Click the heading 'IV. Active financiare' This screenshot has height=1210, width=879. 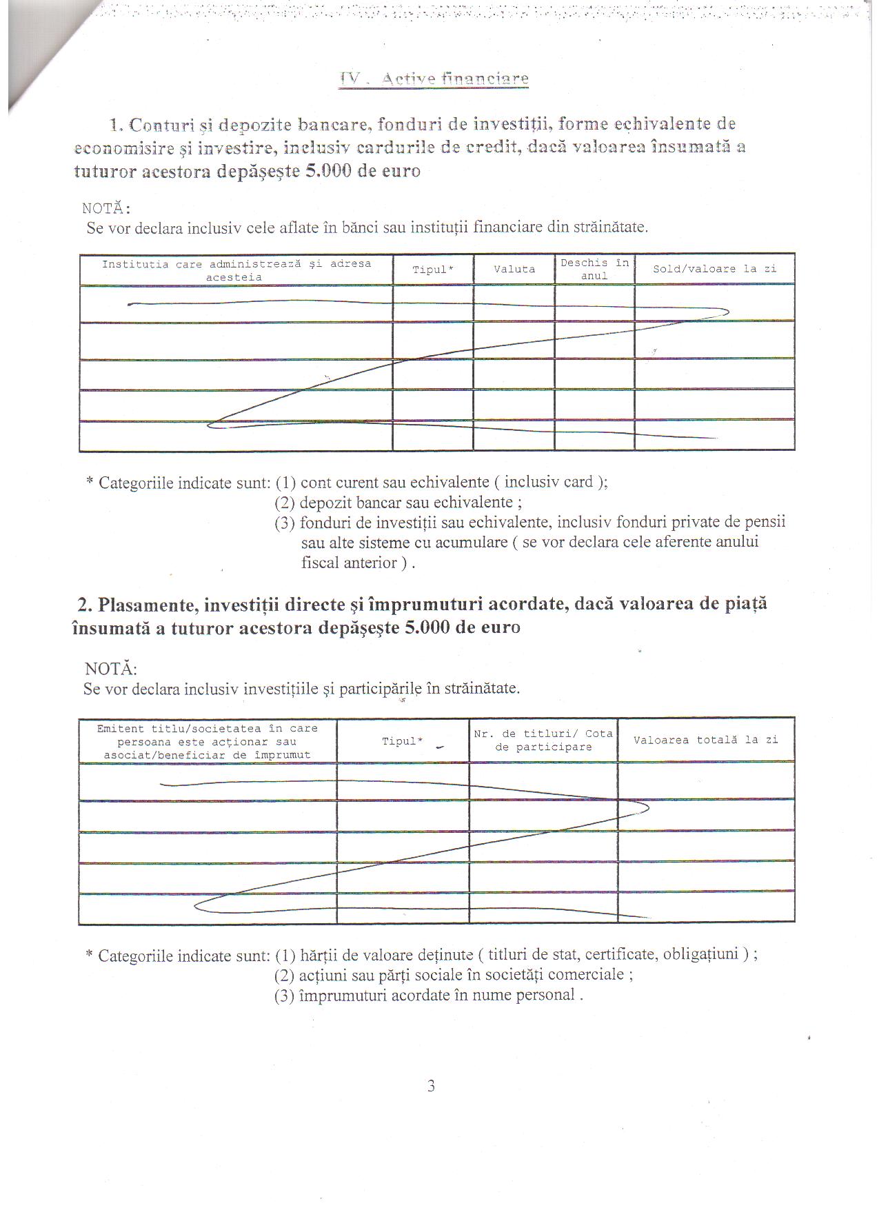pyautogui.click(x=434, y=79)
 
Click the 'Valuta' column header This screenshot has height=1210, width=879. pyautogui.click(x=514, y=270)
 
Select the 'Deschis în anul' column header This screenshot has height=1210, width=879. pyautogui.click(x=594, y=270)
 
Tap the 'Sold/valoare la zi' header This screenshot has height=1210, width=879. pyautogui.click(x=714, y=269)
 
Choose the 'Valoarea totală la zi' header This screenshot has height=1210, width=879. pyautogui.click(x=705, y=740)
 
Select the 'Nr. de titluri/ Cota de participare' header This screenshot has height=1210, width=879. pyautogui.click(x=543, y=740)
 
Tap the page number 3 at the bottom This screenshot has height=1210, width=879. pyautogui.click(x=431, y=1087)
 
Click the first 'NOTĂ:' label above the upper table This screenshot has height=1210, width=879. pyautogui.click(x=106, y=208)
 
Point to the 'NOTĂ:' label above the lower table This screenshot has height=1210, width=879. pyautogui.click(x=110, y=669)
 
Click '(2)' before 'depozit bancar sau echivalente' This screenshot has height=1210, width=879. pyautogui.click(x=285, y=503)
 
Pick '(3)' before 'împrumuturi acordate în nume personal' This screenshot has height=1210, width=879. pyautogui.click(x=285, y=995)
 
